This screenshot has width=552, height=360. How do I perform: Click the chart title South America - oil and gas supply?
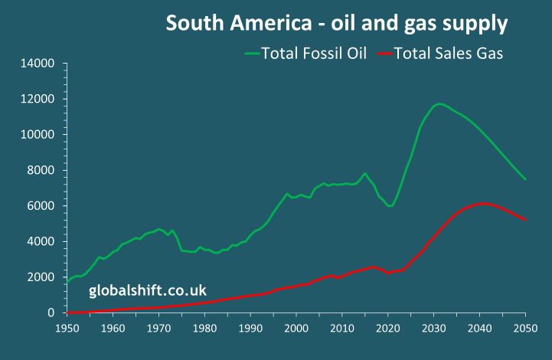pos(337,24)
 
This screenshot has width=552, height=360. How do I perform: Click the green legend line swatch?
pos(252,54)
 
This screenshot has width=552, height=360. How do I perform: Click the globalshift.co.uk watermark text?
pos(148,290)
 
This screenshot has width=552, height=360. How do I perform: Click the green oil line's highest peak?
pos(439,104)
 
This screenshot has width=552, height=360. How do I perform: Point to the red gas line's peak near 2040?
pos(481,204)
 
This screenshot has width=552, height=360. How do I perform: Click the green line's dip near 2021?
pos(390,206)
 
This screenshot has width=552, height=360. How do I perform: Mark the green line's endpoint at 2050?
pos(526,179)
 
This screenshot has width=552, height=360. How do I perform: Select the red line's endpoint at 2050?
pos(526,221)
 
